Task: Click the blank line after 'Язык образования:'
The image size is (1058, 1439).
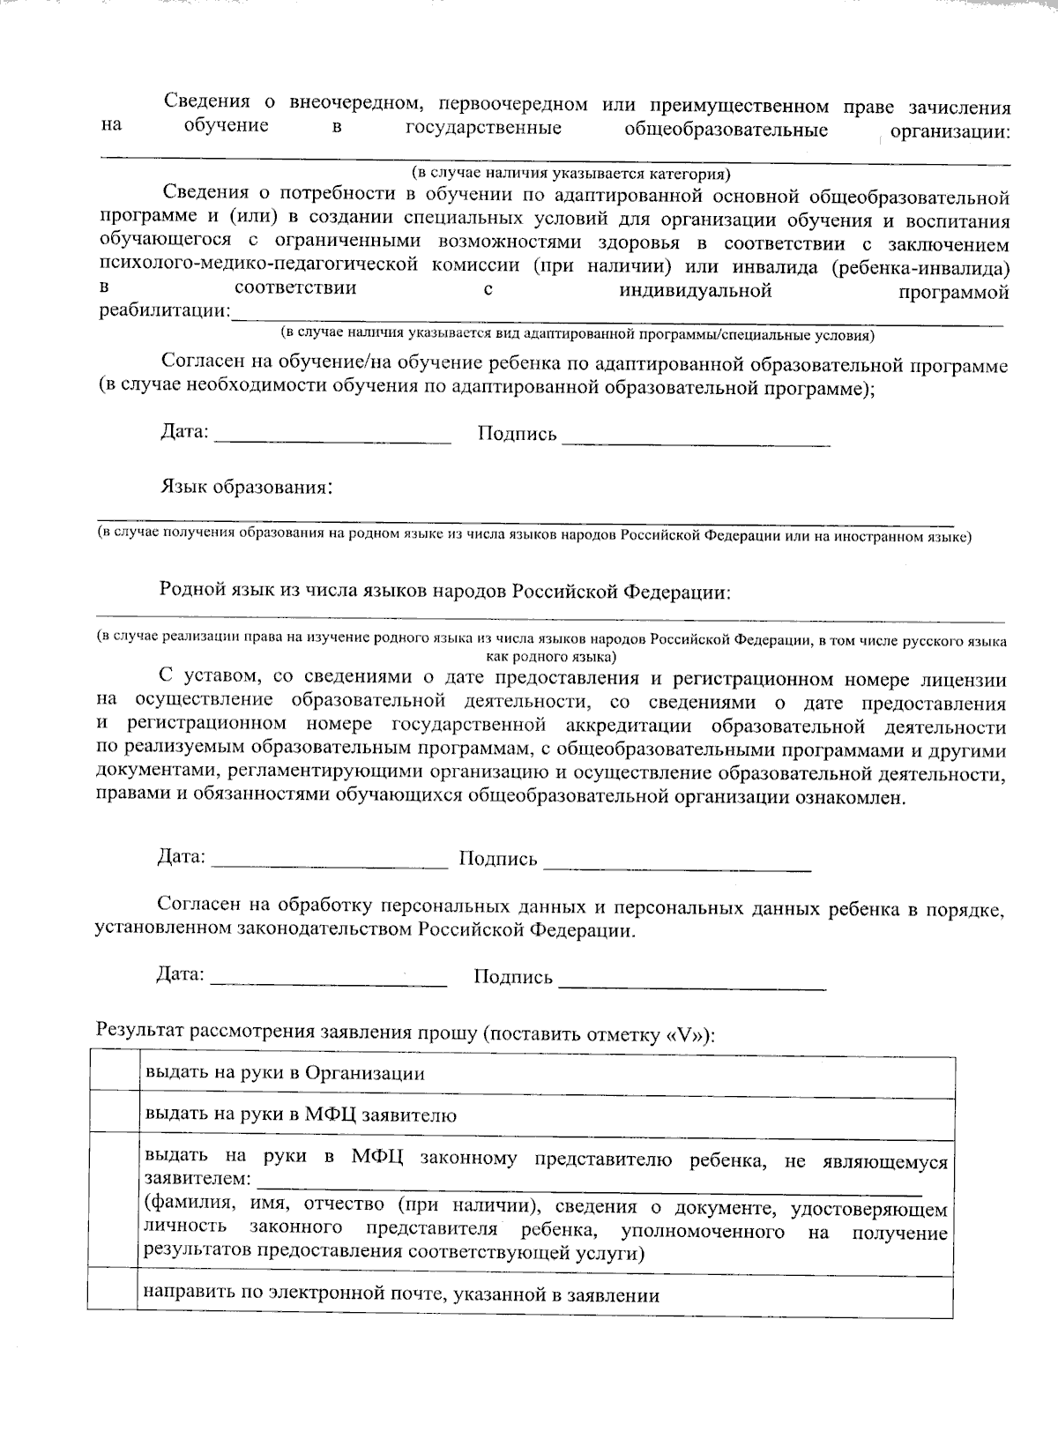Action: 524,511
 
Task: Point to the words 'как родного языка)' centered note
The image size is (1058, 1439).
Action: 551,657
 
